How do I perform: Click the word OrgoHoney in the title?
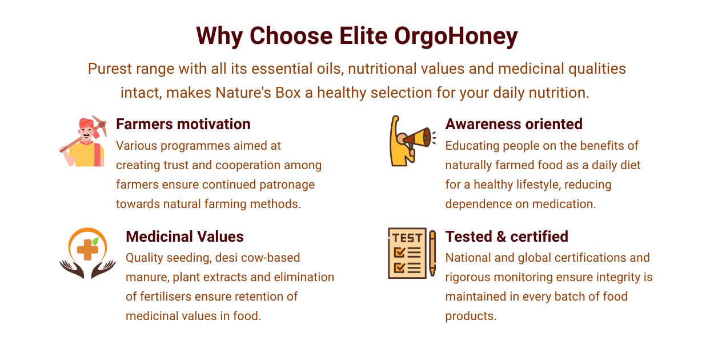(x=456, y=37)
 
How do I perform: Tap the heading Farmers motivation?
(x=183, y=124)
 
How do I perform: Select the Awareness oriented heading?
(x=514, y=124)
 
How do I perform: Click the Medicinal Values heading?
(x=185, y=237)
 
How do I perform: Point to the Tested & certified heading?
(x=507, y=237)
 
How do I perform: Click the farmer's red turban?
(x=86, y=123)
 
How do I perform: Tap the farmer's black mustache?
(x=86, y=135)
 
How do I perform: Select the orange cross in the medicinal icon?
(x=87, y=250)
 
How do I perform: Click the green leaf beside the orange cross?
(x=95, y=241)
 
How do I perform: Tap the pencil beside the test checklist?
(x=432, y=253)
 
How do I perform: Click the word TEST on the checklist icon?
(x=407, y=238)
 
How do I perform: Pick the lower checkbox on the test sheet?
(x=399, y=267)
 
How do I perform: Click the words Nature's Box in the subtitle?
(x=258, y=93)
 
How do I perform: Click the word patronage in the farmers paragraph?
(x=287, y=185)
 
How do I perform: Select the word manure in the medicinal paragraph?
(x=147, y=277)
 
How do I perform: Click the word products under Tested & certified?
(x=471, y=317)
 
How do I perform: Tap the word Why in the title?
(x=219, y=37)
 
